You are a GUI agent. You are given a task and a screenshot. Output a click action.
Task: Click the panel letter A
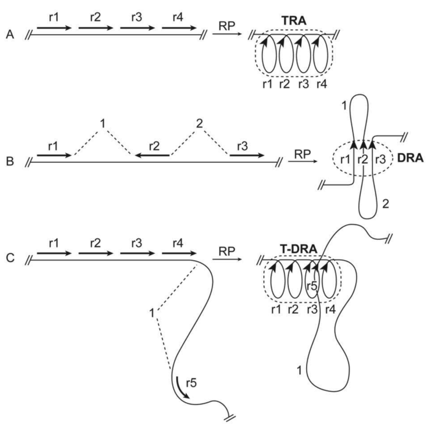[10, 35]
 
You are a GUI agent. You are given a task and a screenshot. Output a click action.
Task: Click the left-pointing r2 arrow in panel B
[152, 155]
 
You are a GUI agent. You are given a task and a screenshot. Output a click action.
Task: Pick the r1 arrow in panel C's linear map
[54, 253]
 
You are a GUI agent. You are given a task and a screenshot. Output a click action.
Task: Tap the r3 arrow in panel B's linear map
[247, 155]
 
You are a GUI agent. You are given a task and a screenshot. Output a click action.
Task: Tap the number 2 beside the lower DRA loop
[385, 204]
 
